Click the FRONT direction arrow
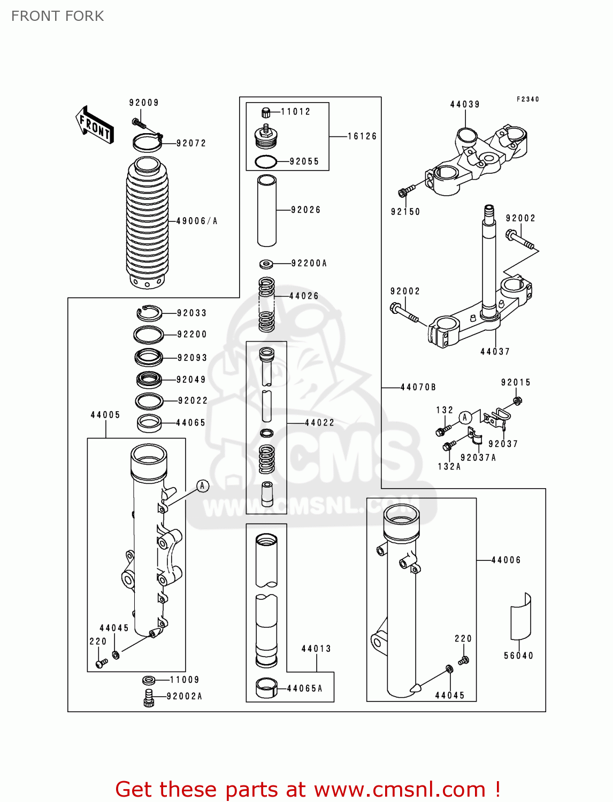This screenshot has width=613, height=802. point(95,125)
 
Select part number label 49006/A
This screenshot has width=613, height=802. point(197,221)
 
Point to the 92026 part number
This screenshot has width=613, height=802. point(305,210)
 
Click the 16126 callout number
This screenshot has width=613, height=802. point(362,136)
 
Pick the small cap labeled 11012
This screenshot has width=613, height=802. point(266,112)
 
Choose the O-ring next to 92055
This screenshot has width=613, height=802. point(265,161)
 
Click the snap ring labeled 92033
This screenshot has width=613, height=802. point(149,313)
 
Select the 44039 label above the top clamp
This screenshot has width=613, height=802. point(465,104)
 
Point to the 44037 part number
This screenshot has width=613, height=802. point(495,351)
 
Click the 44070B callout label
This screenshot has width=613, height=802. point(418,387)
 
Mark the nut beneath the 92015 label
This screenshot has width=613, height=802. point(517,400)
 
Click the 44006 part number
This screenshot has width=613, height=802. point(505,560)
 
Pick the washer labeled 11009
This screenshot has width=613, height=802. point(149,680)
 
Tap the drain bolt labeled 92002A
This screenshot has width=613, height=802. point(149,697)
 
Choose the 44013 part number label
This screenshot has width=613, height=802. point(316,649)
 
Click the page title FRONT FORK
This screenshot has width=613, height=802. point(58,16)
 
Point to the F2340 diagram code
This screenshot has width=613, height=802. point(528,99)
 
